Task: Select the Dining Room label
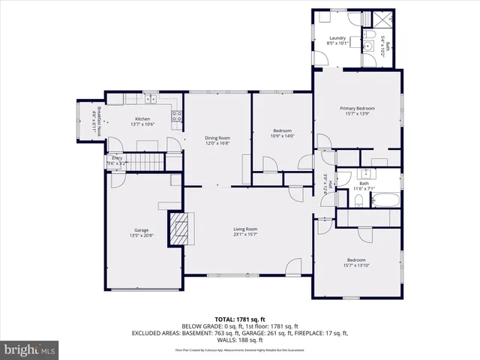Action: pos(217,138)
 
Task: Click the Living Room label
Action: pos(245,229)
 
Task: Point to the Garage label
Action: pos(141,229)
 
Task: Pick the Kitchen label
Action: pos(142,119)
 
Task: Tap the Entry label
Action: pos(117,158)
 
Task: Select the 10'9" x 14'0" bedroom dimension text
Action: pos(283,136)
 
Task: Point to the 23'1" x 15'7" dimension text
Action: pos(245,235)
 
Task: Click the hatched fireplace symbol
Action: pos(178,227)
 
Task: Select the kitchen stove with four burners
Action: pos(178,116)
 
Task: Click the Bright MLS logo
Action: pos(31,349)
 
